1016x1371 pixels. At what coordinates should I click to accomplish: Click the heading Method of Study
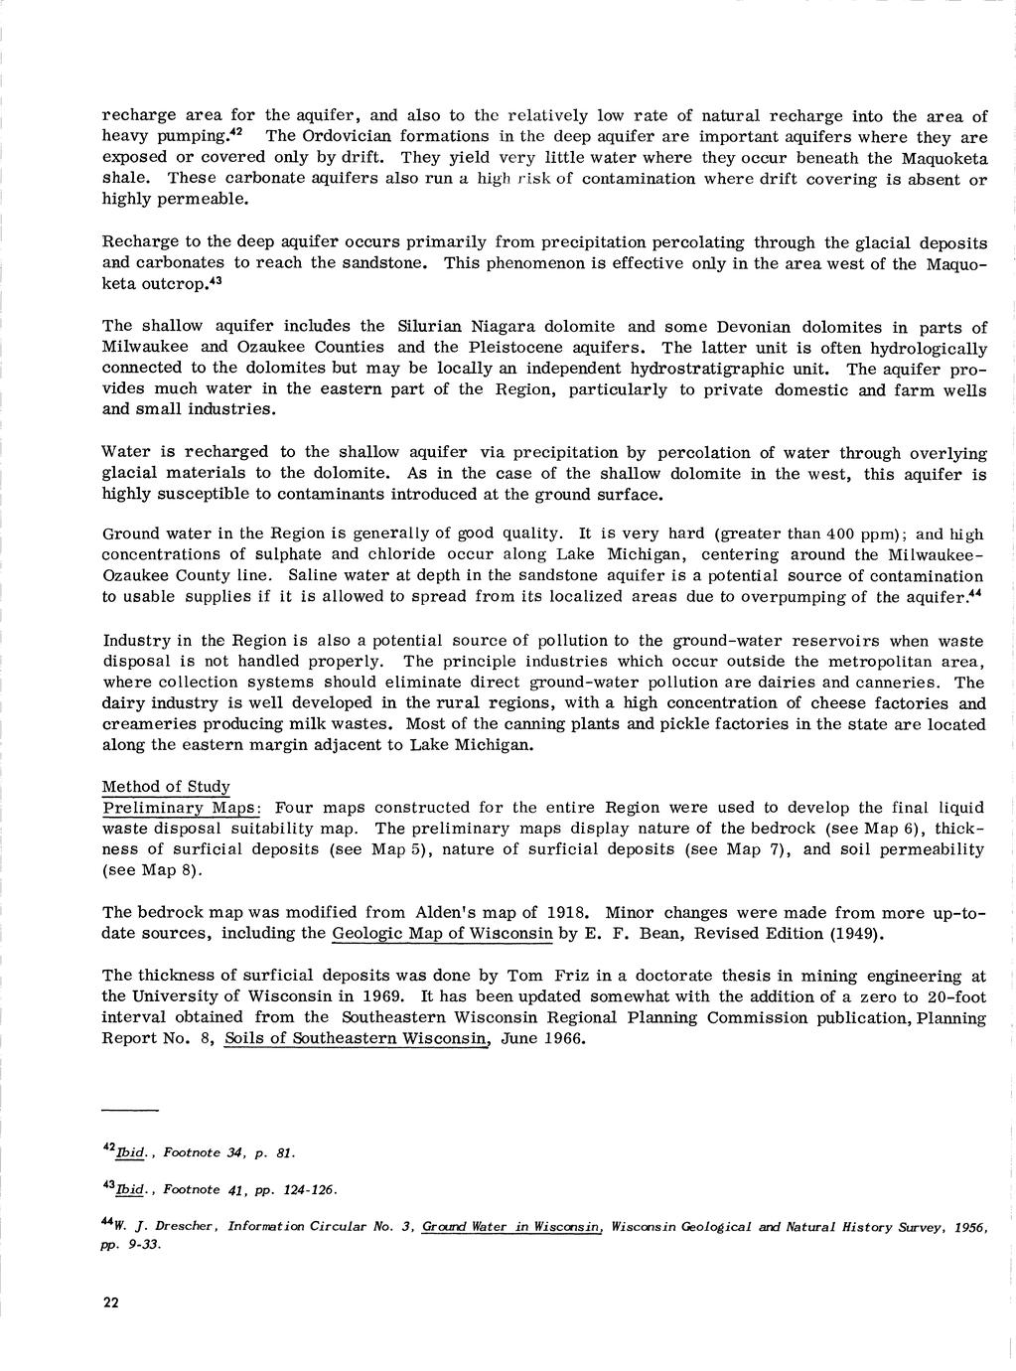click(167, 786)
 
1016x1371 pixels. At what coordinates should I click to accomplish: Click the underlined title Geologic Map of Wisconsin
click(443, 933)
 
